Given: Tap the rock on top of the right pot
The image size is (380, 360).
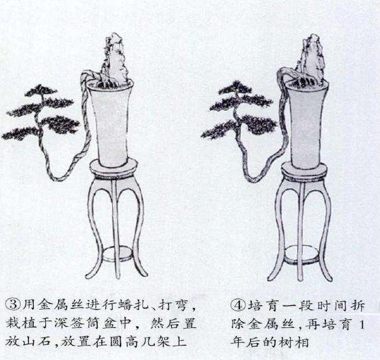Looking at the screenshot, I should pyautogui.click(x=312, y=60).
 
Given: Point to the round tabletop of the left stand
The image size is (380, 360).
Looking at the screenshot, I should pyautogui.click(x=113, y=167).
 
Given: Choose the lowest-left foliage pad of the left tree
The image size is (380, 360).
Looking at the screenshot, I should pyautogui.click(x=19, y=133).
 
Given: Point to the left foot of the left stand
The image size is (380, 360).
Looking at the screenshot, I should pyautogui.click(x=88, y=273).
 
